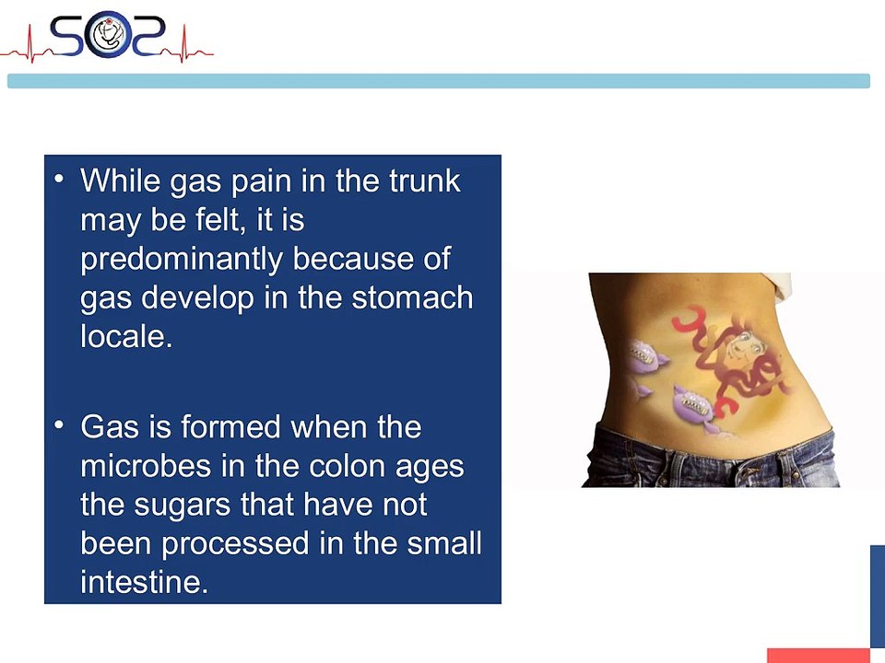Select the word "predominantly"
[182, 259]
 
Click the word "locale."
[126, 336]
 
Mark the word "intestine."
[144, 582]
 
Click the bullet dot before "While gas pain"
[60, 177]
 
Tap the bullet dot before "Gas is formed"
[60, 425]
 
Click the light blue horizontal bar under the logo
[438, 81]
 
